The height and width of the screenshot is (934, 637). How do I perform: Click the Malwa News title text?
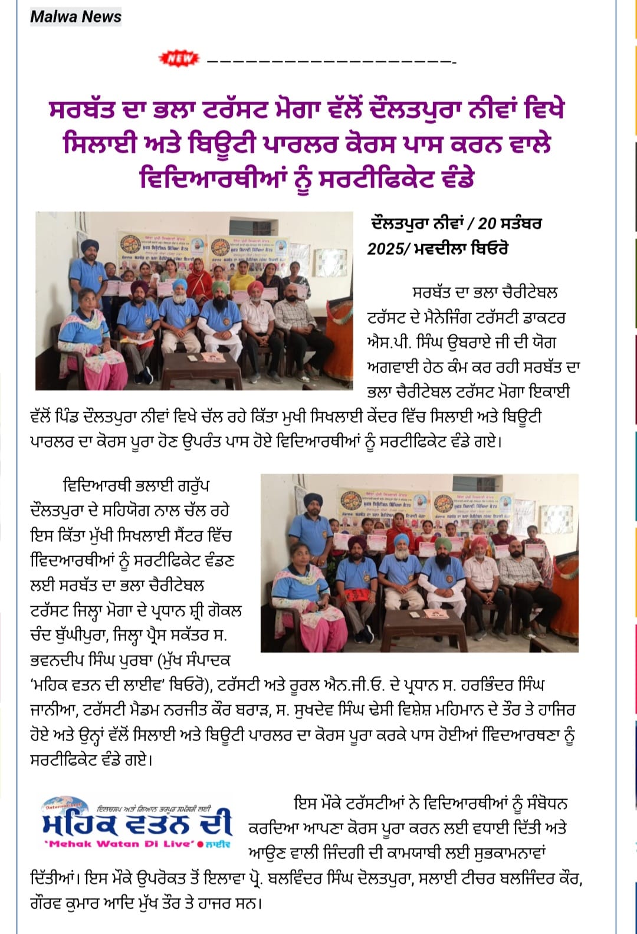point(75,16)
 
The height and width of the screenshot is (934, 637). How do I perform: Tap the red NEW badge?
point(179,58)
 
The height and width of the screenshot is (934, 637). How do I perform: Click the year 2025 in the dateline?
point(385,248)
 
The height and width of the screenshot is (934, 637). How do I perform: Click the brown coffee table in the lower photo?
point(416,625)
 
